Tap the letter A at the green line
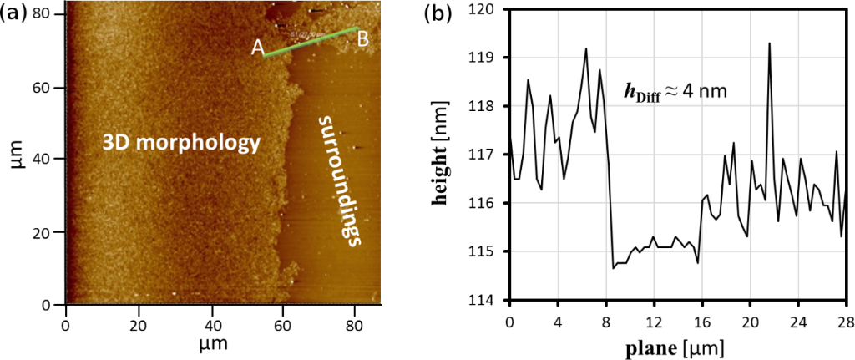pyautogui.click(x=259, y=49)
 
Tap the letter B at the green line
pyautogui.click(x=363, y=38)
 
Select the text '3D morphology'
pyautogui.click(x=181, y=143)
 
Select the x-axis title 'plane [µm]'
pyautogui.click(x=678, y=343)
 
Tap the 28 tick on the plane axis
pyautogui.click(x=845, y=321)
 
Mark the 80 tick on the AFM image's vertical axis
pyautogui.click(x=48, y=14)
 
